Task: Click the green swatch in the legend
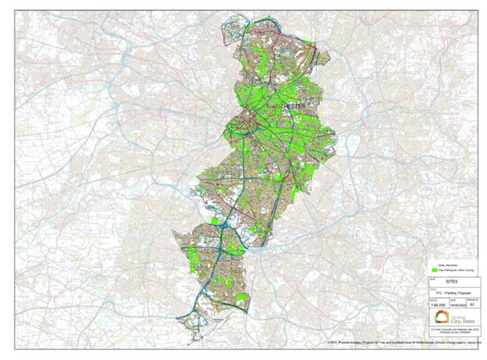[433, 270]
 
